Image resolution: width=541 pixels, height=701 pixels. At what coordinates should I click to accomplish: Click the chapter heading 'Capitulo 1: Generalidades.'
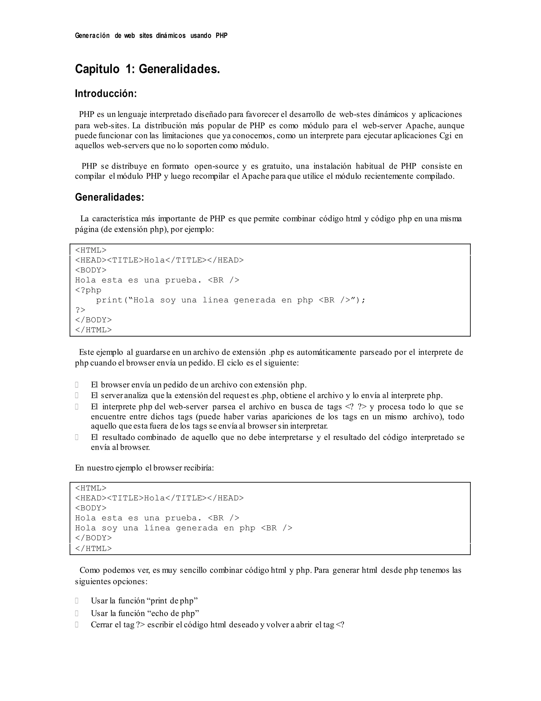pyautogui.click(x=147, y=69)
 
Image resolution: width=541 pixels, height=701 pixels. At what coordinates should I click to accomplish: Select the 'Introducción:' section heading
pyautogui.click(x=106, y=94)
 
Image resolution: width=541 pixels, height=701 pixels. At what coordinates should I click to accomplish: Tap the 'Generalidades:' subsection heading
pyautogui.click(x=109, y=197)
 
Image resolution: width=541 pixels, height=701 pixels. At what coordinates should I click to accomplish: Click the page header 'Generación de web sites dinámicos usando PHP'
pyautogui.click(x=151, y=36)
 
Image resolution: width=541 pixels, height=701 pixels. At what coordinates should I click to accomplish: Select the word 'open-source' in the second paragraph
pyautogui.click(x=216, y=166)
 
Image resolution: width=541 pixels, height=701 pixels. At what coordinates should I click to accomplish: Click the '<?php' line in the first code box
pyautogui.click(x=88, y=290)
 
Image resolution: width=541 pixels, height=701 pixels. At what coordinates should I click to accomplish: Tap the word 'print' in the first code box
pyautogui.click(x=109, y=300)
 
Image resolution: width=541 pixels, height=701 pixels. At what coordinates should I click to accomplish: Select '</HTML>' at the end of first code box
pyautogui.click(x=93, y=330)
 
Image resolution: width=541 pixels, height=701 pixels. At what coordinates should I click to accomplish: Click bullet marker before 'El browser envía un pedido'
pyautogui.click(x=77, y=385)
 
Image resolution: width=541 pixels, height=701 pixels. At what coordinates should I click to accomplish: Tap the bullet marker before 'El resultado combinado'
pyautogui.click(x=77, y=437)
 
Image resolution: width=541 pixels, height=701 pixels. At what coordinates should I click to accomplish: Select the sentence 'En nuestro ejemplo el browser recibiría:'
pyautogui.click(x=144, y=468)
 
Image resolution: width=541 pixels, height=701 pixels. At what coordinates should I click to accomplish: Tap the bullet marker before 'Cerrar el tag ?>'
pyautogui.click(x=77, y=625)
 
